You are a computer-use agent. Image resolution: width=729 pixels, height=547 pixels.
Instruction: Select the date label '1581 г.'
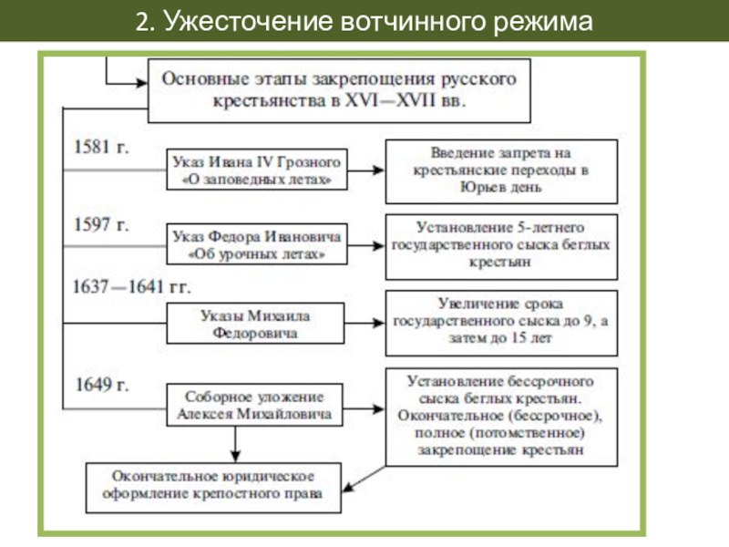[x=101, y=147]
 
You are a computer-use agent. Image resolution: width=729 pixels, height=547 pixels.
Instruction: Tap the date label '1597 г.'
[x=101, y=224]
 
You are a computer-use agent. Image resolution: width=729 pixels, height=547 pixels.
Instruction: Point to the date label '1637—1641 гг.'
[x=131, y=286]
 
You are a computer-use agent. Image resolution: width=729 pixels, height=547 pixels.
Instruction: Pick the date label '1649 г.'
[x=102, y=385]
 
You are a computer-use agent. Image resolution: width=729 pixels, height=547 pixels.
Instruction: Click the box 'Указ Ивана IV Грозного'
[x=257, y=170]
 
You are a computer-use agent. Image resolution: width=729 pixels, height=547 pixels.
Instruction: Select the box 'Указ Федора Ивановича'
[x=257, y=244]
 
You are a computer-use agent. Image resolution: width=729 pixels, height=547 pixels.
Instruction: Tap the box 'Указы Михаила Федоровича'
[x=255, y=324]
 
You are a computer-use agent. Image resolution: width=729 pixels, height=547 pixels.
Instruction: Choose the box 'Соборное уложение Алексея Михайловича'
[x=254, y=405]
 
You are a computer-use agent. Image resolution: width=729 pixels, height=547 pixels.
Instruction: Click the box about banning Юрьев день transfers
[x=502, y=171]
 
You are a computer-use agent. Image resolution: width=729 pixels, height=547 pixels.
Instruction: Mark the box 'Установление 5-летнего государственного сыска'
[x=502, y=247]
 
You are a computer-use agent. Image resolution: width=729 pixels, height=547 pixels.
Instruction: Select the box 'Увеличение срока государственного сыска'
[x=502, y=324]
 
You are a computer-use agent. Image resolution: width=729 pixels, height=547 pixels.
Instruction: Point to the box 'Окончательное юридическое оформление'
[x=213, y=488]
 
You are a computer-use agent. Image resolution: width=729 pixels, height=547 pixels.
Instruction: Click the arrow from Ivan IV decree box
[x=366, y=170]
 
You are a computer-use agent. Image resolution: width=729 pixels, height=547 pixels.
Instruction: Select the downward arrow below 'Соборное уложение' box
[x=235, y=445]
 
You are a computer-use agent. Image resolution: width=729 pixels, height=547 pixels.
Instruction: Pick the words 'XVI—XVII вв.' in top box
[x=405, y=100]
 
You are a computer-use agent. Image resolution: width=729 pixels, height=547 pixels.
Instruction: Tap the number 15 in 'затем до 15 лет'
[x=519, y=337]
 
